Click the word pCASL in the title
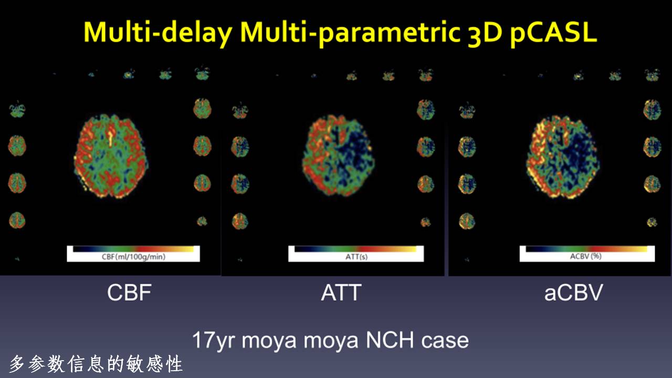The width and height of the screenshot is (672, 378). click(553, 33)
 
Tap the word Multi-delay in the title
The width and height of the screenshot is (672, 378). click(158, 33)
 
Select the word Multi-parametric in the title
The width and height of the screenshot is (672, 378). click(350, 33)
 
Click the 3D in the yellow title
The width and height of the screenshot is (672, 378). click(485, 33)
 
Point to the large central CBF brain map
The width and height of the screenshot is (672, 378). click(111, 156)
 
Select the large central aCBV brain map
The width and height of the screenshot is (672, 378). click(563, 157)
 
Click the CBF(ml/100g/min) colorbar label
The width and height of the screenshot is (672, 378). click(133, 257)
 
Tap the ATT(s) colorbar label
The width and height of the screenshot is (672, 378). click(356, 257)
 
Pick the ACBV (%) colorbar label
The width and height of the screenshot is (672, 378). click(586, 256)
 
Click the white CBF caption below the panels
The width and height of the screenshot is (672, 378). click(129, 292)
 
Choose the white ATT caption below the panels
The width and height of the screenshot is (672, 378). click(341, 292)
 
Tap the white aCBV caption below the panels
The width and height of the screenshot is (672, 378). click(574, 293)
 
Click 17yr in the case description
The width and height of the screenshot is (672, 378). click(214, 341)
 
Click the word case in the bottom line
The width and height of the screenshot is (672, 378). click(445, 341)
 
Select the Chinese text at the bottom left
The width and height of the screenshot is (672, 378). click(96, 364)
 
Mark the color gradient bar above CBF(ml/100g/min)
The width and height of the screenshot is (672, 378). click(133, 249)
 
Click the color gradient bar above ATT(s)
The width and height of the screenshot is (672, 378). click(355, 249)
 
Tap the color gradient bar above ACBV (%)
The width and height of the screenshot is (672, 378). click(586, 249)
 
